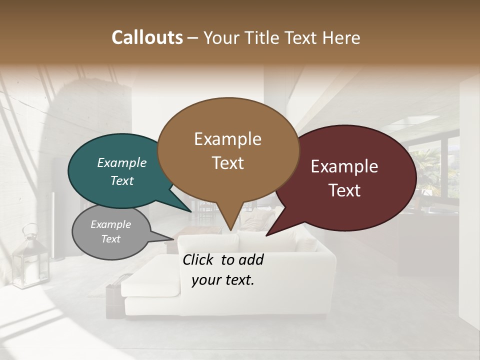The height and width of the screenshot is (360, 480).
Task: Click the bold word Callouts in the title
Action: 147,37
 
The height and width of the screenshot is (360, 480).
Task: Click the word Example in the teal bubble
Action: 121,162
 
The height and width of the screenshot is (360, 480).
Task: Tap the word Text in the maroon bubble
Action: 344,190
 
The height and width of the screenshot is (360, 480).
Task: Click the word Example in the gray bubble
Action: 110,224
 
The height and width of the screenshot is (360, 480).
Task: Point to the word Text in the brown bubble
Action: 228,163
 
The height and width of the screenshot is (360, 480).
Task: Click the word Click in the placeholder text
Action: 199,259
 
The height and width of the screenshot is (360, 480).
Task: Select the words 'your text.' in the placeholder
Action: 223,280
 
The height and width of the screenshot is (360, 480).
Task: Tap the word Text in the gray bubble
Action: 110,239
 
